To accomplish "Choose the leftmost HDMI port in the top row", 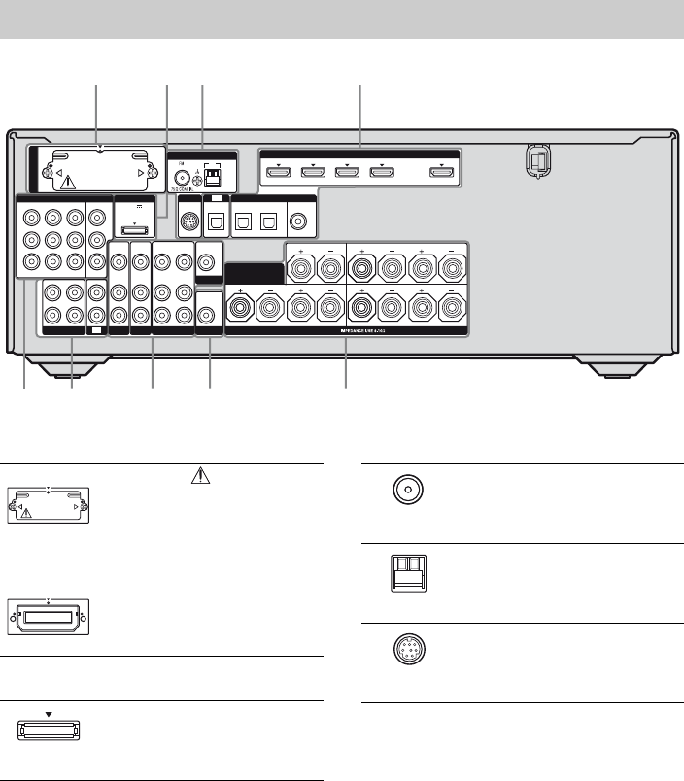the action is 278,173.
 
